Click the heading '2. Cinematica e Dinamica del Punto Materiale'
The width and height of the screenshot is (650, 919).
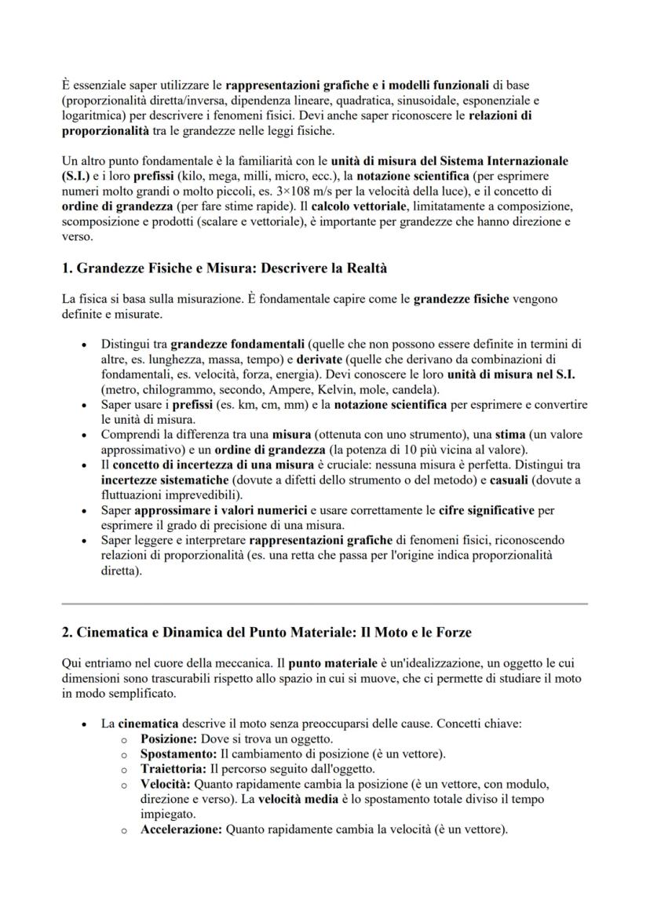266,632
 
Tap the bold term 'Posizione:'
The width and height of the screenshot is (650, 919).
169,739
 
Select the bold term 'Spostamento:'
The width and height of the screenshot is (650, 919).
174,754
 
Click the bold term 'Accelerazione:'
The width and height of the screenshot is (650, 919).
181,829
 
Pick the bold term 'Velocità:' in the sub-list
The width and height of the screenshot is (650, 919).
166,784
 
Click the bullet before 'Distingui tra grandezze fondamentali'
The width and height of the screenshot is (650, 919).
85,345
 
